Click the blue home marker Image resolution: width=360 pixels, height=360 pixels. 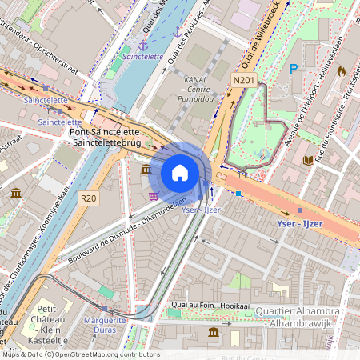(x=180, y=173)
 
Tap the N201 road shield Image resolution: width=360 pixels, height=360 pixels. (x=244, y=80)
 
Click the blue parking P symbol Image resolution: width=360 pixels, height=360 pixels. (x=294, y=70)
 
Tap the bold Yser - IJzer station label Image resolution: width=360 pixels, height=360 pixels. (x=299, y=223)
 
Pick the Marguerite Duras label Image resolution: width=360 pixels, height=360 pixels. (x=106, y=326)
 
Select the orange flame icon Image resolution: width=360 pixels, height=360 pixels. (x=341, y=70)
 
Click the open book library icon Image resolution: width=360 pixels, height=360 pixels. (x=308, y=160)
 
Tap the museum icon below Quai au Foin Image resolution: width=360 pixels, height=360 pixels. (x=213, y=332)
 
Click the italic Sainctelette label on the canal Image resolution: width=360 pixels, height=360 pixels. (x=143, y=57)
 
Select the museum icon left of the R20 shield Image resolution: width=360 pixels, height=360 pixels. (x=16, y=193)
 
